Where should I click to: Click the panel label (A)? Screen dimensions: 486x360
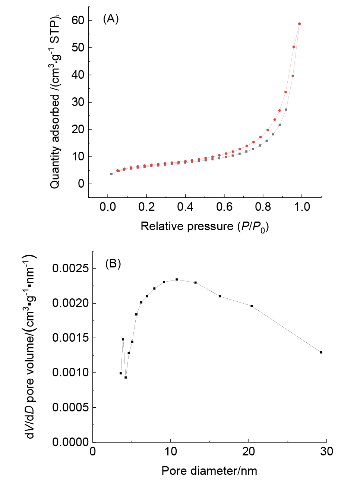click(x=111, y=19)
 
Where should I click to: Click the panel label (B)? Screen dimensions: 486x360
click(x=113, y=264)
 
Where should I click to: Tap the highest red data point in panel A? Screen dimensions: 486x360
click(x=299, y=24)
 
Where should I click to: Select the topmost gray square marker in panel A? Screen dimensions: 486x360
click(x=293, y=76)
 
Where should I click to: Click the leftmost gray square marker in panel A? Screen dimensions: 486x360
click(x=111, y=174)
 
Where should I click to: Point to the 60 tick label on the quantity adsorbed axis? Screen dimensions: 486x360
click(x=78, y=21)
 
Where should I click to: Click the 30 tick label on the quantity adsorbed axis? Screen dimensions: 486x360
click(x=78, y=102)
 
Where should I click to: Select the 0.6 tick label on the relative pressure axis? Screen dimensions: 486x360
click(x=224, y=207)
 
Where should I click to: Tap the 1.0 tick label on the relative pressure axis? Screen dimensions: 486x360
click(x=302, y=207)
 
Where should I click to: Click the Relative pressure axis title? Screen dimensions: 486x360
click(x=205, y=226)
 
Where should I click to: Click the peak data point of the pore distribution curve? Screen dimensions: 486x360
click(x=177, y=279)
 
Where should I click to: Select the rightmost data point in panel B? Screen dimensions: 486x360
click(x=321, y=352)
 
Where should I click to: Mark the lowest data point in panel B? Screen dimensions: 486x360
click(x=126, y=377)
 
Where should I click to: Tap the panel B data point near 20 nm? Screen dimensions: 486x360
click(x=252, y=306)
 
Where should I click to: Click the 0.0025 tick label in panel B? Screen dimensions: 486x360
click(x=71, y=269)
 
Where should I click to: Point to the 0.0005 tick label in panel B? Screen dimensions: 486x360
click(x=71, y=407)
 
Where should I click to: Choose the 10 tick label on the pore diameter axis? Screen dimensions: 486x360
click(x=171, y=452)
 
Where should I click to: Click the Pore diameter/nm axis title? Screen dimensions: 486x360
click(x=209, y=471)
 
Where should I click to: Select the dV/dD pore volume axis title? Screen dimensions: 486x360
click(x=30, y=347)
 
